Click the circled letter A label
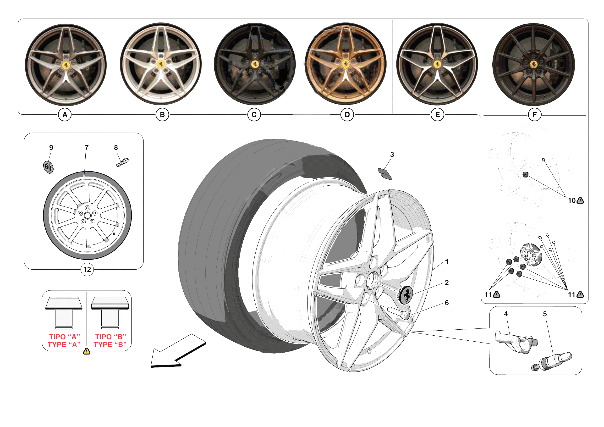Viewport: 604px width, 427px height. (65, 115)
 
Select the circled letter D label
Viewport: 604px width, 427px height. (347, 115)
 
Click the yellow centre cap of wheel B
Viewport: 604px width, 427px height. (161, 64)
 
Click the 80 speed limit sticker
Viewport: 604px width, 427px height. (48, 167)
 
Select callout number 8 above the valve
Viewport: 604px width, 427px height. (116, 147)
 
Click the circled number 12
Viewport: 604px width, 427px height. (87, 269)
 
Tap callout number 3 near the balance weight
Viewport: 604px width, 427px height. (392, 155)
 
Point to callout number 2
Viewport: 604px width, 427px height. (446, 283)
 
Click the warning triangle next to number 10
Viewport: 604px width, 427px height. (580, 201)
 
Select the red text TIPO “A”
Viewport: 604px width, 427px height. (65, 337)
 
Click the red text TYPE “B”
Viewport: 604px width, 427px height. (110, 345)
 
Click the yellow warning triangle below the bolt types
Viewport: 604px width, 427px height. (87, 351)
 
